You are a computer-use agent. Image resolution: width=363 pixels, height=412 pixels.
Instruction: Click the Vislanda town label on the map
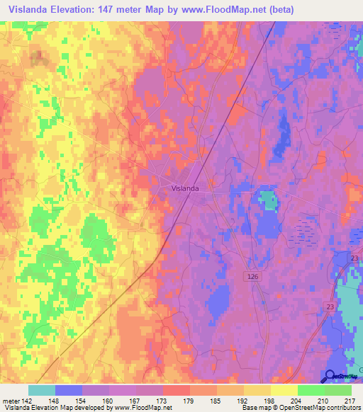pos(185,189)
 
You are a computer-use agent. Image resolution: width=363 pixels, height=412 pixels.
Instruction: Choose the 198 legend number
pos(269,401)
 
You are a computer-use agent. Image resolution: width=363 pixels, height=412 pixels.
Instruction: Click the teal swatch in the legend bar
pos(41,390)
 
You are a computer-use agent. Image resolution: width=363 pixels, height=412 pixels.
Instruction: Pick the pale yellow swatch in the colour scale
pos(284,390)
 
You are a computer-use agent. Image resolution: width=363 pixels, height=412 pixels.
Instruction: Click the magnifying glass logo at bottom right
pos(330,376)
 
